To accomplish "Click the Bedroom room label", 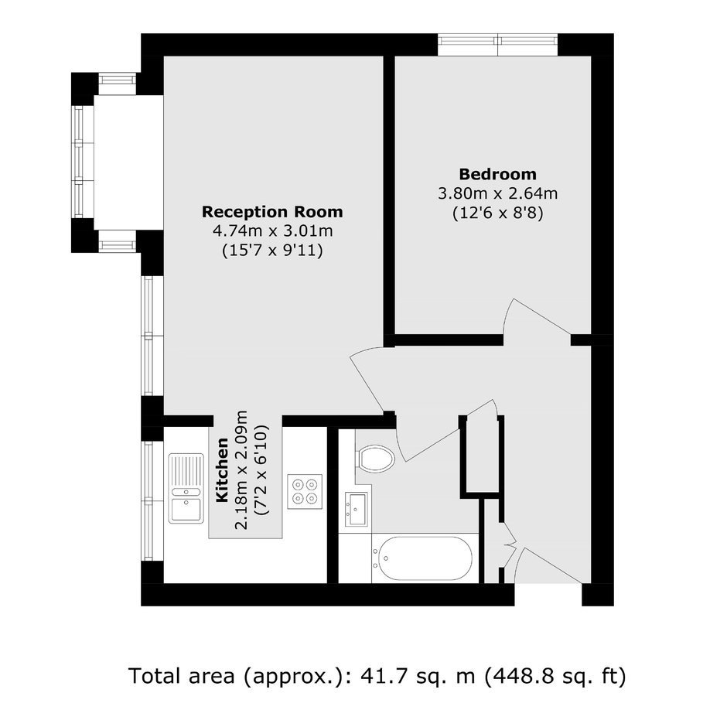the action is [x=497, y=174].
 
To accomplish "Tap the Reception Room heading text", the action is [x=272, y=212].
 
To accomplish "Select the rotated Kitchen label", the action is [x=223, y=469].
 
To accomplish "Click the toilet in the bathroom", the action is [x=375, y=459].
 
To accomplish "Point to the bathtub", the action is [x=425, y=558].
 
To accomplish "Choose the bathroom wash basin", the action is [x=356, y=510].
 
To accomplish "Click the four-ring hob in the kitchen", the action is [x=305, y=491].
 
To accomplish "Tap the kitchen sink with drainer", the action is [x=186, y=489].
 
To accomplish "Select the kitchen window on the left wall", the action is [x=148, y=500].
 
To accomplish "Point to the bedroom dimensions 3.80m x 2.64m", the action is [x=497, y=193].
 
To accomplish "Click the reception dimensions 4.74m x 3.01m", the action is [x=272, y=230].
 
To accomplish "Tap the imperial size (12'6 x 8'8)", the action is [x=497, y=213].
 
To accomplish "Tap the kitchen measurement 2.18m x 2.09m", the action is [x=242, y=469].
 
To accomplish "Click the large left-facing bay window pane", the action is [x=78, y=162].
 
